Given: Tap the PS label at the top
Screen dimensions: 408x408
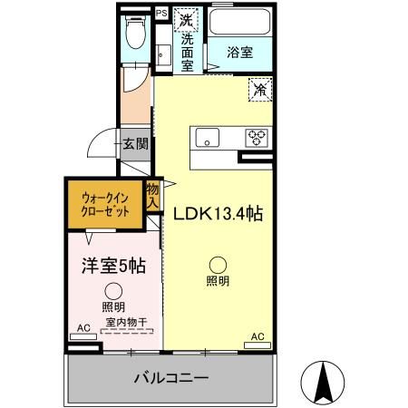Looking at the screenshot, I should [161, 14].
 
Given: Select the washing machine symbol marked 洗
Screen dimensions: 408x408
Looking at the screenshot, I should [186, 20].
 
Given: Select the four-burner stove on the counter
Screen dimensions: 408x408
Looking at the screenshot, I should [257, 138].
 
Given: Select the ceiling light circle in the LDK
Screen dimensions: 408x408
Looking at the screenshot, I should [218, 262].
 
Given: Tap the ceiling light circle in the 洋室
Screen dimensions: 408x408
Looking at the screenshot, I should [112, 291].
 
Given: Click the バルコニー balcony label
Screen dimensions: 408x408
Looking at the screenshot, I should [171, 376].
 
